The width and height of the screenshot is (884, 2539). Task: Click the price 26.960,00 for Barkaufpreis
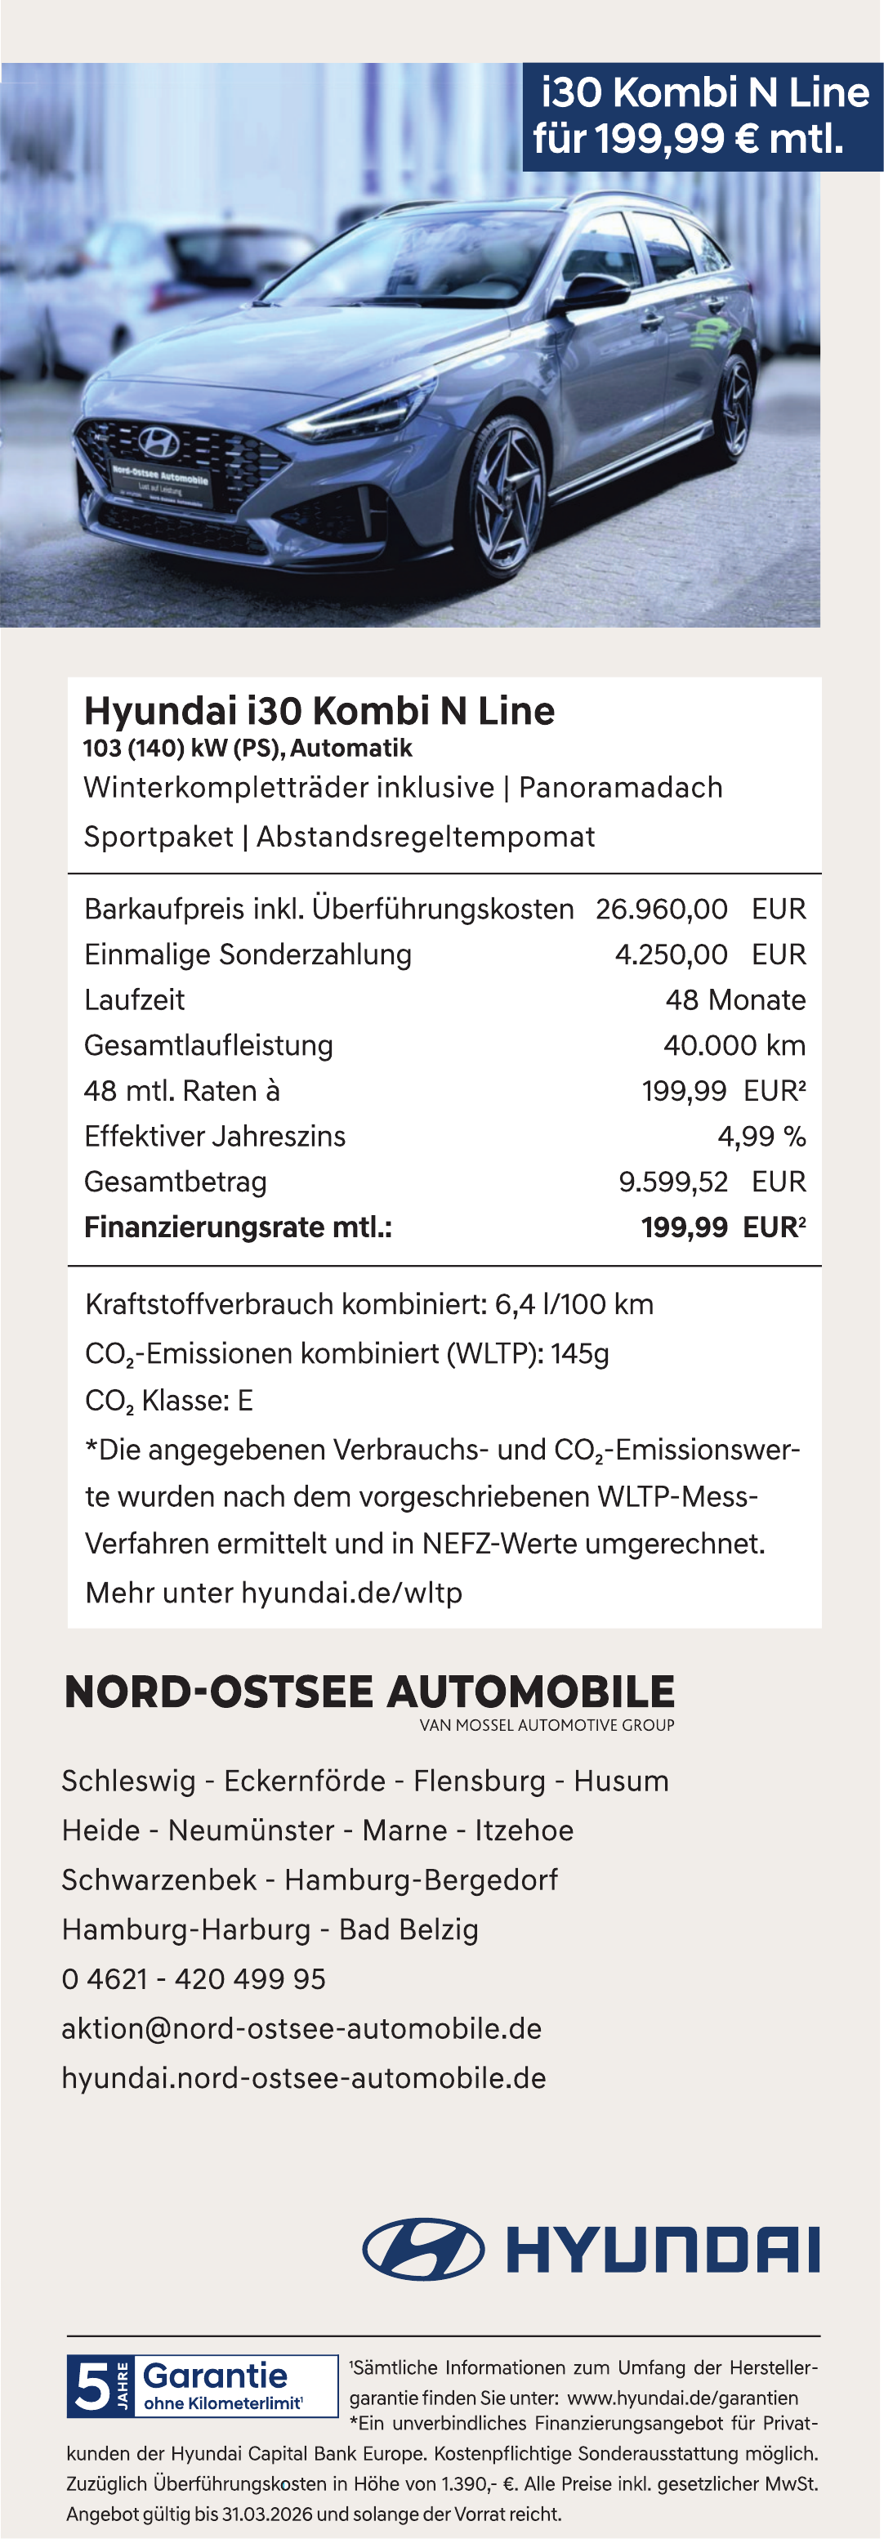[x=661, y=909]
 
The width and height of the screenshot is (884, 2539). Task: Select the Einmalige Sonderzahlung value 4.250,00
[x=671, y=954]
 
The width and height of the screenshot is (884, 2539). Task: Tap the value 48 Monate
[x=735, y=999]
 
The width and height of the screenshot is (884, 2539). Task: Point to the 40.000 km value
[x=734, y=1045]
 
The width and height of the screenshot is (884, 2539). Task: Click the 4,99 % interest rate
[x=761, y=1137]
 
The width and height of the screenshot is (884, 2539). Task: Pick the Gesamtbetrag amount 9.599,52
[x=673, y=1181]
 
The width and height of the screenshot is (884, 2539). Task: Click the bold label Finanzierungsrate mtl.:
[x=238, y=1227]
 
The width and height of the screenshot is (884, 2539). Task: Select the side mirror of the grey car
[x=592, y=293]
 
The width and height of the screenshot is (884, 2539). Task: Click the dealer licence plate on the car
[x=161, y=485]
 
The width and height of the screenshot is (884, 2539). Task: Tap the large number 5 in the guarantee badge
[x=92, y=2387]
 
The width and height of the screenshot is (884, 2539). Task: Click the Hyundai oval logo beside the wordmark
[x=424, y=2251]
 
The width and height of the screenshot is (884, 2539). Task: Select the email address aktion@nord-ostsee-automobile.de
[x=301, y=2028]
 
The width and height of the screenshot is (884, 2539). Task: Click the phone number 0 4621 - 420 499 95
[x=193, y=1979]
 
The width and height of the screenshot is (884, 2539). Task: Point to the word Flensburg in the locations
[x=479, y=1781]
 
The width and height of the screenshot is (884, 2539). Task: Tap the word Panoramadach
[x=620, y=788]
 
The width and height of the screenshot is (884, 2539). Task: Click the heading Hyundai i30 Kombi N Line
[x=319, y=711]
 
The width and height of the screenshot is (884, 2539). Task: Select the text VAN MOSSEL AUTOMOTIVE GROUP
[x=547, y=1725]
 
